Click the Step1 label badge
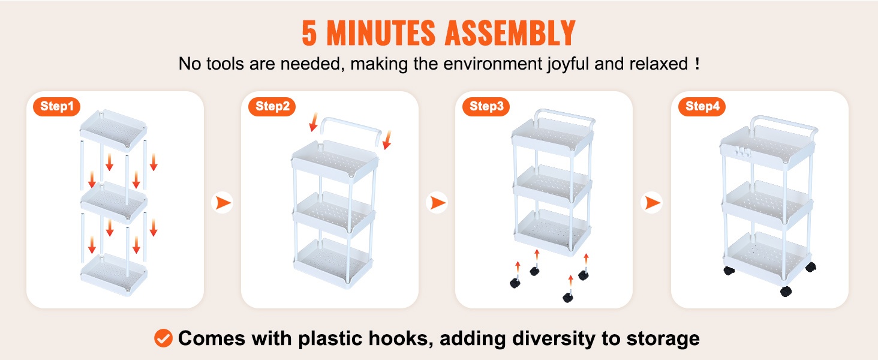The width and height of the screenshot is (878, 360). point(56,107)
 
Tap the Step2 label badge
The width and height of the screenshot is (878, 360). point(272,107)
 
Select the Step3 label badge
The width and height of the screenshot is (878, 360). point(486,107)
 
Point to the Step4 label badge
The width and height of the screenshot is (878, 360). point(702,107)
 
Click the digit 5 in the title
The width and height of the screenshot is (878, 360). point(309,34)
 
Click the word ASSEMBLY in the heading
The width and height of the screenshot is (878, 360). point(510,34)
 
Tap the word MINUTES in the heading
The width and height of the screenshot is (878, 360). point(381,34)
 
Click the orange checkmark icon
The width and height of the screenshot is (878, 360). point(163,338)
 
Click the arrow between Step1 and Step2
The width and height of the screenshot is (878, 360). point(222,203)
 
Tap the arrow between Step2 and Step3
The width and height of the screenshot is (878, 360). point(437,203)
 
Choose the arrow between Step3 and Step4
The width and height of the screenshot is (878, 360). point(652,203)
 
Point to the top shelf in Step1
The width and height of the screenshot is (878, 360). point(113,130)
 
